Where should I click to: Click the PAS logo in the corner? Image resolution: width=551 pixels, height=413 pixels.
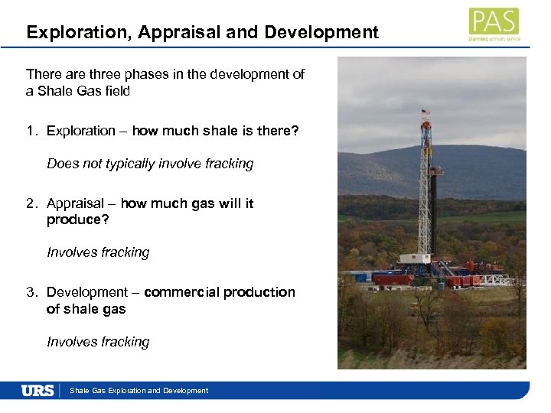tap(494, 23)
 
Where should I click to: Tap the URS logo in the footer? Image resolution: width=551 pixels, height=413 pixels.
tap(37, 390)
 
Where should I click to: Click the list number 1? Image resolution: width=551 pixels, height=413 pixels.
tap(30, 131)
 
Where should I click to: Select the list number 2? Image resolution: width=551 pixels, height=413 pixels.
tap(30, 203)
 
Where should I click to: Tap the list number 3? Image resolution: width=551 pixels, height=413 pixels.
tap(30, 292)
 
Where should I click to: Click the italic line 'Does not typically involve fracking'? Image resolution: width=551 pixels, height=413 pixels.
tap(150, 164)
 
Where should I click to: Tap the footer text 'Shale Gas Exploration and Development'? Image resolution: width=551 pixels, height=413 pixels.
tap(139, 391)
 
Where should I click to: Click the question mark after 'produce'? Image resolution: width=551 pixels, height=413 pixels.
tap(108, 220)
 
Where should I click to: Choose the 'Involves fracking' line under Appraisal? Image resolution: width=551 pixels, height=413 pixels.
tap(98, 252)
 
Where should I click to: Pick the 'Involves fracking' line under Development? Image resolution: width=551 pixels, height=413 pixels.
tap(98, 342)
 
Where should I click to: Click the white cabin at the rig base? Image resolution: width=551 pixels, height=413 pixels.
tap(416, 259)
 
